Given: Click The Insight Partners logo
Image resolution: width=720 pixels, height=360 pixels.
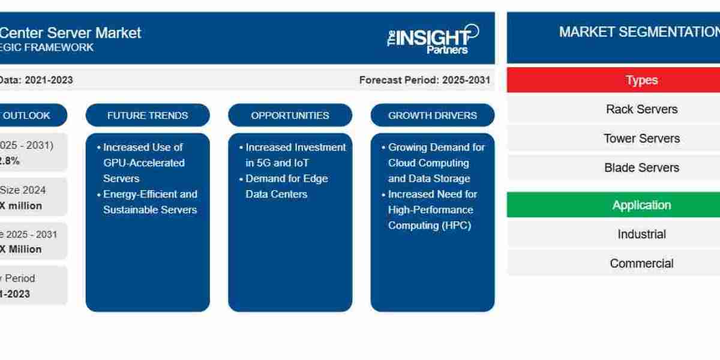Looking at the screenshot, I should [x=433, y=39].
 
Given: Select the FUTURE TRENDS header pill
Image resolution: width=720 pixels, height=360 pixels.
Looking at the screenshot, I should [x=148, y=115].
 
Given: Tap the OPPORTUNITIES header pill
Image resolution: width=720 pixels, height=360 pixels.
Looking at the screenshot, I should [x=290, y=115].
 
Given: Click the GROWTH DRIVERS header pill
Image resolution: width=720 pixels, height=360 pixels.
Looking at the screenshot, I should [x=432, y=115].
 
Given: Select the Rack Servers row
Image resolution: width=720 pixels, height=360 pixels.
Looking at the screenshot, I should [x=641, y=109].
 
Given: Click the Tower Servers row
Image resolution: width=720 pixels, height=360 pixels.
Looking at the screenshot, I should [x=641, y=139].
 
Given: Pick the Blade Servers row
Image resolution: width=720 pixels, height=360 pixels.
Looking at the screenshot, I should [x=641, y=168].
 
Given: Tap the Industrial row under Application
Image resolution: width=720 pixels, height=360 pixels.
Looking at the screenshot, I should [x=641, y=234].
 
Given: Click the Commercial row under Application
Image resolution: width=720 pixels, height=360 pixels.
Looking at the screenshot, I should [x=641, y=263].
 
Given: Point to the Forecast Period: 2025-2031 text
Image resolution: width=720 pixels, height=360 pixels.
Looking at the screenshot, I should [x=424, y=80].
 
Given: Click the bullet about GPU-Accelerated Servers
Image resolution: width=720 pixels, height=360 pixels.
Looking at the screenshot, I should [x=143, y=163].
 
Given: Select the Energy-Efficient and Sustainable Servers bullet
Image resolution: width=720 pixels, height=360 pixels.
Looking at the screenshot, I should [x=149, y=202].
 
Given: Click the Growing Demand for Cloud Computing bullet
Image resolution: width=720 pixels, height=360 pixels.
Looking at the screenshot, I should [x=436, y=163].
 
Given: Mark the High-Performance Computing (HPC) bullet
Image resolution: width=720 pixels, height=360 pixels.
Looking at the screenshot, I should [x=432, y=210].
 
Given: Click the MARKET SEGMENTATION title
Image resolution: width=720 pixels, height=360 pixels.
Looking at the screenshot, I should [x=638, y=32].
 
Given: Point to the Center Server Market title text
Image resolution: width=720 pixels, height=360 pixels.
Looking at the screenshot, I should [x=70, y=32].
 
